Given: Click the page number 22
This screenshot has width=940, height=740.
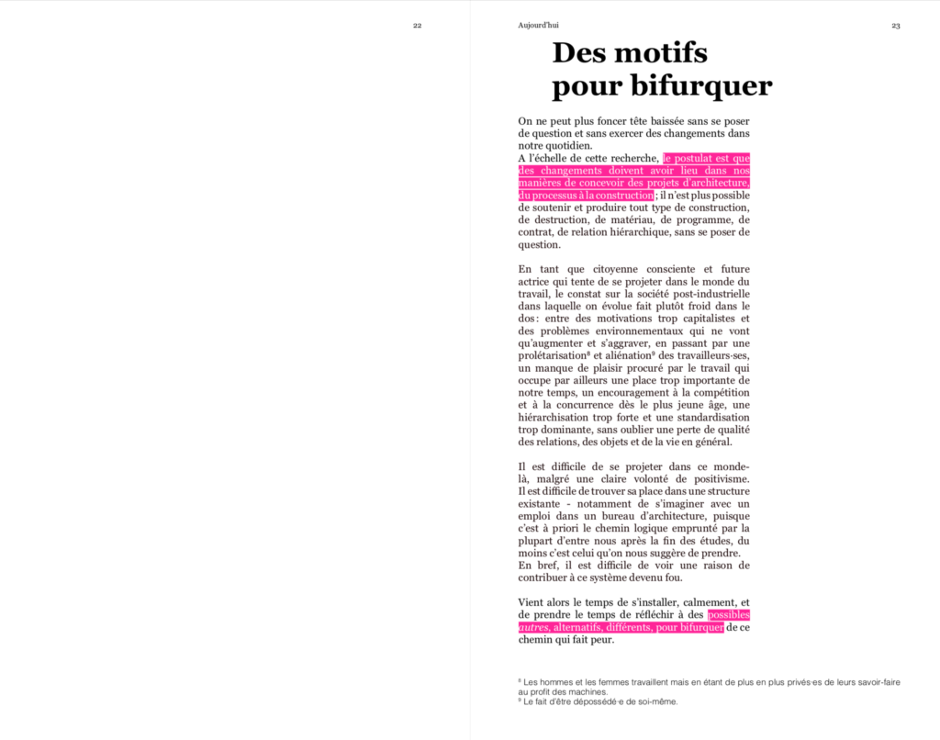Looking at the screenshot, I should point(417,26).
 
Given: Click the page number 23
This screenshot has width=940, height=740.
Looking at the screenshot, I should point(896,26).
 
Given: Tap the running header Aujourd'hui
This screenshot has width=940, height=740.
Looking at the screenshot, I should point(538,26).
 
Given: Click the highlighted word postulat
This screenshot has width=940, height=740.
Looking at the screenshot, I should point(695,158).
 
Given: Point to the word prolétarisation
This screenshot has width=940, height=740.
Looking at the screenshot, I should point(553,355).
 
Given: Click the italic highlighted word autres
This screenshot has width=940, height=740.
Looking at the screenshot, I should point(533,627).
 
